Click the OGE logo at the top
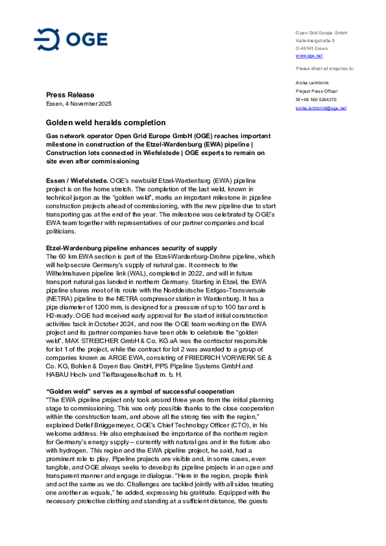pyautogui.click(x=71, y=39)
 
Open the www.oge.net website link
pyautogui.click(x=309, y=56)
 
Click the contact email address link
pyautogui.click(x=321, y=108)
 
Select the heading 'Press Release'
pyautogui.click(x=70, y=95)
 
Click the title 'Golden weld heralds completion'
pyautogui.click(x=106, y=123)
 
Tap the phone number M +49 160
pyautogui.click(x=316, y=100)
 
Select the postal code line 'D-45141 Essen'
pyautogui.click(x=311, y=48)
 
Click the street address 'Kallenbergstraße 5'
pyautogui.click(x=315, y=41)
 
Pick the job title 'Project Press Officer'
pyautogui.click(x=317, y=91)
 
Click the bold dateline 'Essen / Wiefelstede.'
pyautogui.click(x=77, y=181)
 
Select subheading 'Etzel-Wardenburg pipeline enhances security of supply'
pyautogui.click(x=131, y=248)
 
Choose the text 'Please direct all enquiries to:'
pyautogui.click(x=325, y=69)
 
